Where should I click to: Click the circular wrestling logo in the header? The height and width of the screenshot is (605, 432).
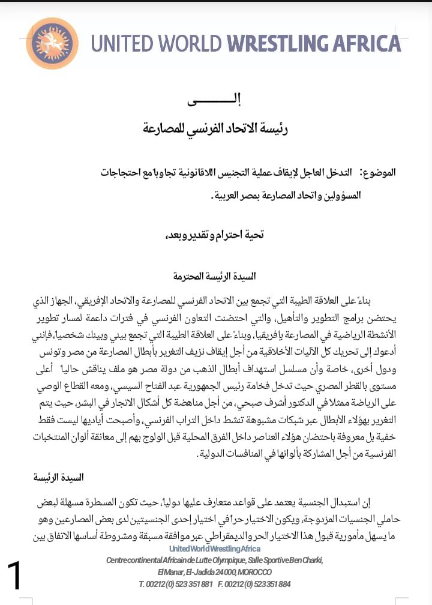(x=53, y=44)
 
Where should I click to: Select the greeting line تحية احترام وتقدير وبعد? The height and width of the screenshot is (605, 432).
(x=214, y=235)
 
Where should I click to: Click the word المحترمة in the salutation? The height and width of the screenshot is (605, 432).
(x=188, y=277)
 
